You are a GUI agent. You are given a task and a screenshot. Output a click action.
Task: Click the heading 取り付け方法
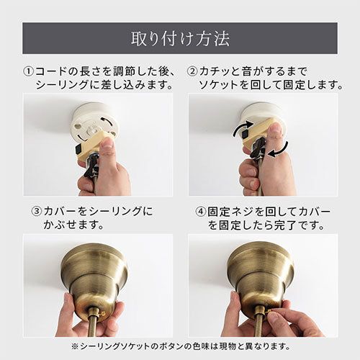tap(179, 37)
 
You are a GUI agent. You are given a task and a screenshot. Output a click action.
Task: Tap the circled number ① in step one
tap(30, 72)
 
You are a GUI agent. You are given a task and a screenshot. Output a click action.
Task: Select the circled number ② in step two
tap(193, 72)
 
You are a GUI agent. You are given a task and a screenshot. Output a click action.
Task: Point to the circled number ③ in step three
tap(37, 213)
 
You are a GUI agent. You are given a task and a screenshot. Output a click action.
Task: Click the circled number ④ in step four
tap(199, 213)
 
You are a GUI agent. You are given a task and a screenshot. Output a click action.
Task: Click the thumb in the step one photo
tap(107, 148)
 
